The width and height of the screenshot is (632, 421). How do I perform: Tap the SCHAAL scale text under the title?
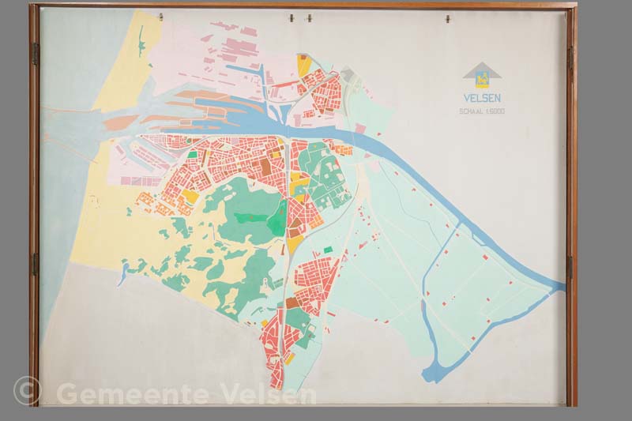tap(482, 111)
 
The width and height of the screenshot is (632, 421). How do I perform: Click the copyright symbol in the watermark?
tap(26, 390)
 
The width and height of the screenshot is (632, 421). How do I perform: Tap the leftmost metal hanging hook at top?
tap(161, 16)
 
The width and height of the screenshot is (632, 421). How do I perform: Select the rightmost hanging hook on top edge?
tap(447, 17)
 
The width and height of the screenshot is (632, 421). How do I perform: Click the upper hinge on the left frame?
tap(35, 54)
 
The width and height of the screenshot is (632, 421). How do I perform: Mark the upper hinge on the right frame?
tap(570, 57)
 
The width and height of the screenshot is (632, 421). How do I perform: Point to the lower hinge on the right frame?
tap(569, 267)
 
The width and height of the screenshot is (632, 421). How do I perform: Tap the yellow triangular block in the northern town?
tap(304, 66)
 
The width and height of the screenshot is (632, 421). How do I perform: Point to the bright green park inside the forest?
tap(277, 222)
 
